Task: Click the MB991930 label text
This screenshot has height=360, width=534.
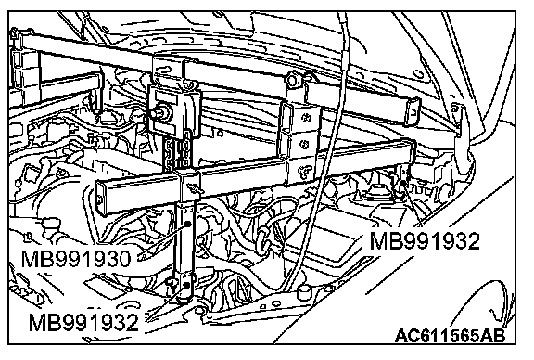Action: (x=76, y=259)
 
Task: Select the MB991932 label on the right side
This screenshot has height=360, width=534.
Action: (x=425, y=241)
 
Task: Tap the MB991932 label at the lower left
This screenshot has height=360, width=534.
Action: (x=83, y=323)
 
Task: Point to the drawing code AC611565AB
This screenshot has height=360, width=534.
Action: (x=451, y=336)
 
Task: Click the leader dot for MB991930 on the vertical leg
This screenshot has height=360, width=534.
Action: (x=187, y=224)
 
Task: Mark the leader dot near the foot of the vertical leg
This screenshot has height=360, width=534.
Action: (x=186, y=285)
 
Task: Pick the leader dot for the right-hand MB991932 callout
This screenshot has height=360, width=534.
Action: (x=403, y=184)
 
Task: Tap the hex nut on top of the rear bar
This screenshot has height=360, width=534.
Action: (x=293, y=79)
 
